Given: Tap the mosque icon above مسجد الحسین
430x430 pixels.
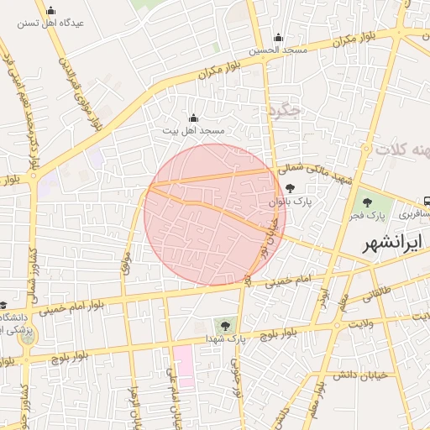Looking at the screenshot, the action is (x=278, y=38).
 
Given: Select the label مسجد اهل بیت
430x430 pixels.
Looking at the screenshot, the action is (x=194, y=131).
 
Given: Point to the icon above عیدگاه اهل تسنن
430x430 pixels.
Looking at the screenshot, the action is (x=51, y=11).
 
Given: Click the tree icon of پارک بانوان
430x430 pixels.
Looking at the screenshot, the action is (x=290, y=190).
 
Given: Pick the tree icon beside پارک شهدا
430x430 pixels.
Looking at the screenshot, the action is (x=224, y=324).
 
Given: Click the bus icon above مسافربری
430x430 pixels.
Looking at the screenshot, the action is (x=427, y=202).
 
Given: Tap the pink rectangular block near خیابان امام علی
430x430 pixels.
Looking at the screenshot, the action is (x=184, y=365).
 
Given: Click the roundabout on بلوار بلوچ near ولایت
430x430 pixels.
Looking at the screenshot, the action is (x=338, y=324).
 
